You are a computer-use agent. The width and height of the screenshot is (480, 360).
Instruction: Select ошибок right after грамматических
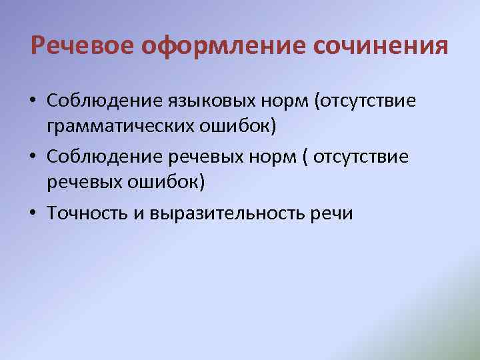click(247, 125)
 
